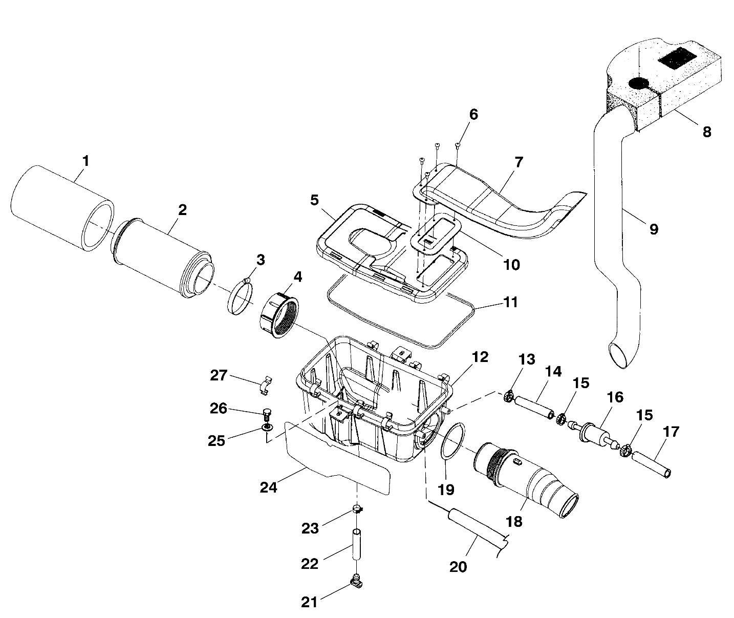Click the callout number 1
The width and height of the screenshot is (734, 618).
[x=85, y=161]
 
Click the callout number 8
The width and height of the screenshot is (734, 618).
[x=706, y=132]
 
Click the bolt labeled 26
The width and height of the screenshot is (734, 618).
[x=266, y=413]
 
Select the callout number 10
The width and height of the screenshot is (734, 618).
[x=511, y=264]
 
